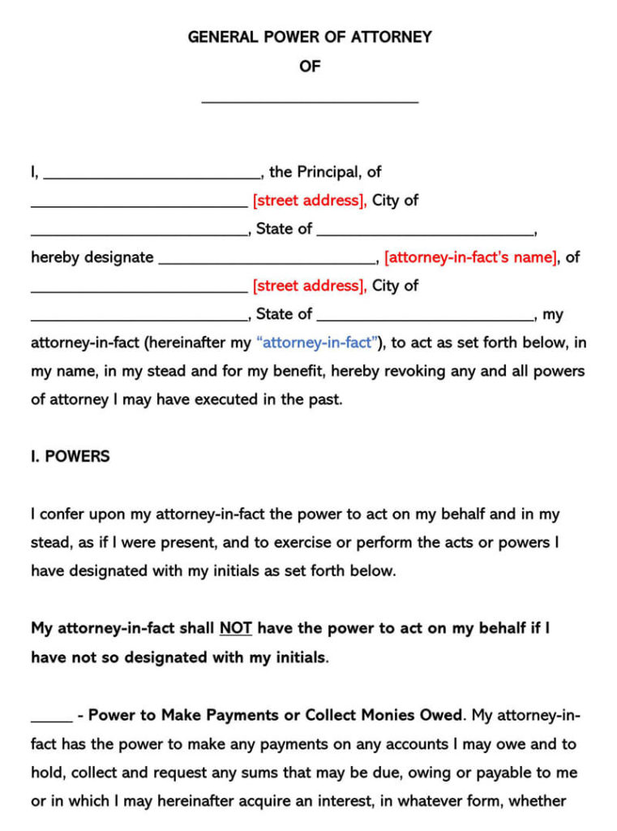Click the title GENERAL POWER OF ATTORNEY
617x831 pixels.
click(x=310, y=37)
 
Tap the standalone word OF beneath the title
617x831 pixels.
click(x=310, y=67)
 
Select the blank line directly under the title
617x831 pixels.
click(x=310, y=101)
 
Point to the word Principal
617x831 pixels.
click(x=328, y=172)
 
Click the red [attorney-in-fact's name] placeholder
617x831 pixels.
click(x=470, y=257)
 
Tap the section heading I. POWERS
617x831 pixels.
click(x=70, y=456)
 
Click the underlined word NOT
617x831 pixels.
click(x=235, y=628)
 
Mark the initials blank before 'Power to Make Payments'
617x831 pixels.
click(x=51, y=718)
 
